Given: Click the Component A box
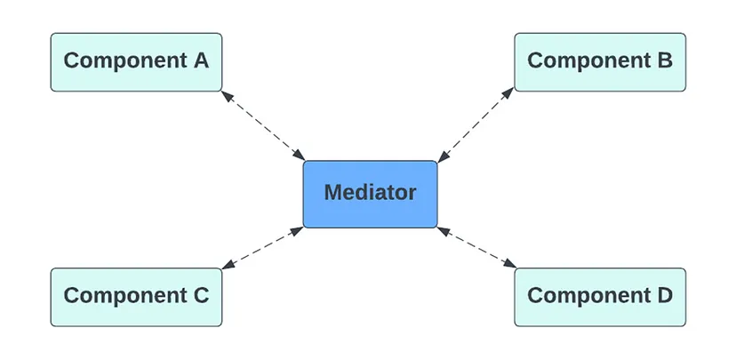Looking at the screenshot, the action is click(x=136, y=62).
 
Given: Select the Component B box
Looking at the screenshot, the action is click(x=600, y=62).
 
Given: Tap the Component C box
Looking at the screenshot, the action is click(x=136, y=297).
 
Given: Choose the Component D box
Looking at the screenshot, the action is click(x=600, y=297).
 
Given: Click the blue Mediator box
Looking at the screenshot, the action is click(x=371, y=195).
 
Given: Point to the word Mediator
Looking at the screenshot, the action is click(x=371, y=192).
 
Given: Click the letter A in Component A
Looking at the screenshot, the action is click(x=201, y=60).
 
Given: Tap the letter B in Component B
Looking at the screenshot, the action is click(x=666, y=60).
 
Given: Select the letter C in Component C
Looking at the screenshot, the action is click(x=201, y=296).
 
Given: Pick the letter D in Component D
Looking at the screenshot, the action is click(x=666, y=296).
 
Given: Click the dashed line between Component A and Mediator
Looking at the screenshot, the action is click(x=263, y=126).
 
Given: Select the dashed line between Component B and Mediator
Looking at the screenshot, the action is click(x=476, y=124).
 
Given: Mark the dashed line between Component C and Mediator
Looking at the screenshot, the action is click(x=262, y=248).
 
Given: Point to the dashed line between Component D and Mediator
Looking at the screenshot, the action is click(x=476, y=247).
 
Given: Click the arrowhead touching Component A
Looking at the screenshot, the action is click(x=228, y=96).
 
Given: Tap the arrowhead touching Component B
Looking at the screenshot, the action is click(x=508, y=93).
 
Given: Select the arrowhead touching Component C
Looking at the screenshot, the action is click(x=228, y=265).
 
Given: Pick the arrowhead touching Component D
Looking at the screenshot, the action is click(x=509, y=264).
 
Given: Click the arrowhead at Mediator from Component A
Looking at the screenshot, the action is click(x=299, y=156).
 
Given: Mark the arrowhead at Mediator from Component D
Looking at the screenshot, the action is click(x=444, y=231).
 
